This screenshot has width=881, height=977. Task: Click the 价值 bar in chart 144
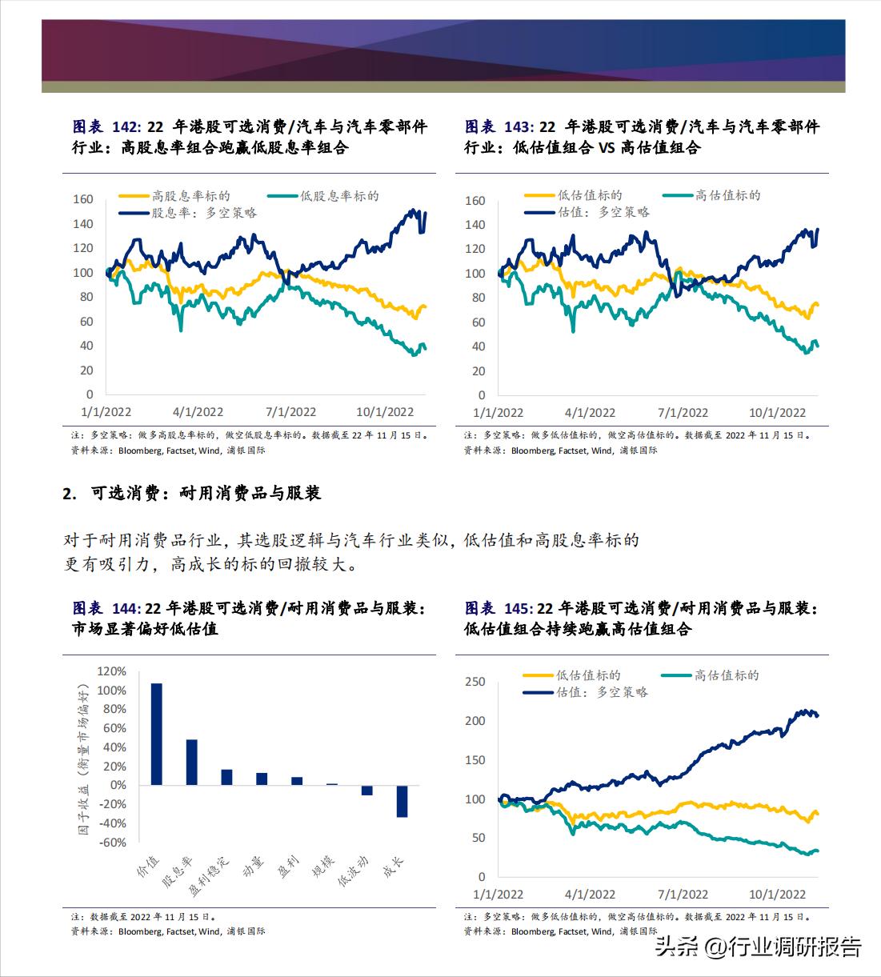pyautogui.click(x=156, y=734)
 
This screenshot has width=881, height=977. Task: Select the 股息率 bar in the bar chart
pyautogui.click(x=191, y=762)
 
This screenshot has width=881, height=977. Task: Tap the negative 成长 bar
pyautogui.click(x=402, y=801)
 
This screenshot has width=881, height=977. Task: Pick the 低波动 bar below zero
pyautogui.click(x=366, y=790)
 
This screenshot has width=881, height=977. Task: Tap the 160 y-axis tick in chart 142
pyautogui.click(x=83, y=199)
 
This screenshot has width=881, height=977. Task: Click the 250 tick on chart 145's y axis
pyautogui.click(x=475, y=682)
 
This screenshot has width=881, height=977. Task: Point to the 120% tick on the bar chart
pyautogui.click(x=111, y=671)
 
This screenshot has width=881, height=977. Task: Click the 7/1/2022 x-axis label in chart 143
pyautogui.click(x=683, y=413)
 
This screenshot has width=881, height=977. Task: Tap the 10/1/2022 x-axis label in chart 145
pyautogui.click(x=776, y=895)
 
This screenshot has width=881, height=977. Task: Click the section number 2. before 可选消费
pyautogui.click(x=70, y=494)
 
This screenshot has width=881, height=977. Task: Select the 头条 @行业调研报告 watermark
pyautogui.click(x=758, y=947)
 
